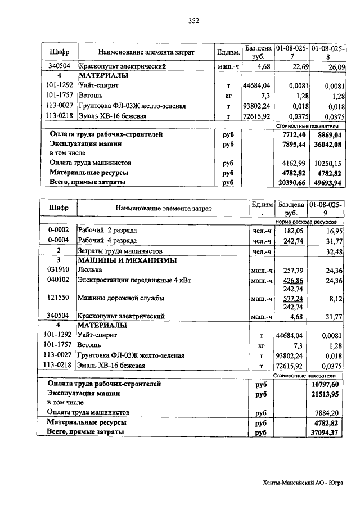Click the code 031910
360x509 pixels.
[x=58, y=270]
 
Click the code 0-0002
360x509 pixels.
[x=58, y=231]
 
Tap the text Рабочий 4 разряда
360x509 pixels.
[x=107, y=241]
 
